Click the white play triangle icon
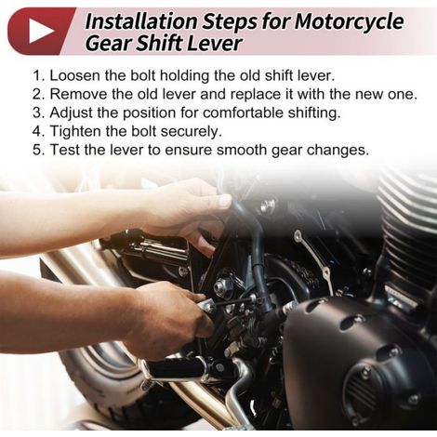(x=41, y=31)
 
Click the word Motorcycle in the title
(x=349, y=21)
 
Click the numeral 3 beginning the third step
(x=37, y=113)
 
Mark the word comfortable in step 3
(x=243, y=113)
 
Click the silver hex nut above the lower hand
(x=222, y=285)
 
